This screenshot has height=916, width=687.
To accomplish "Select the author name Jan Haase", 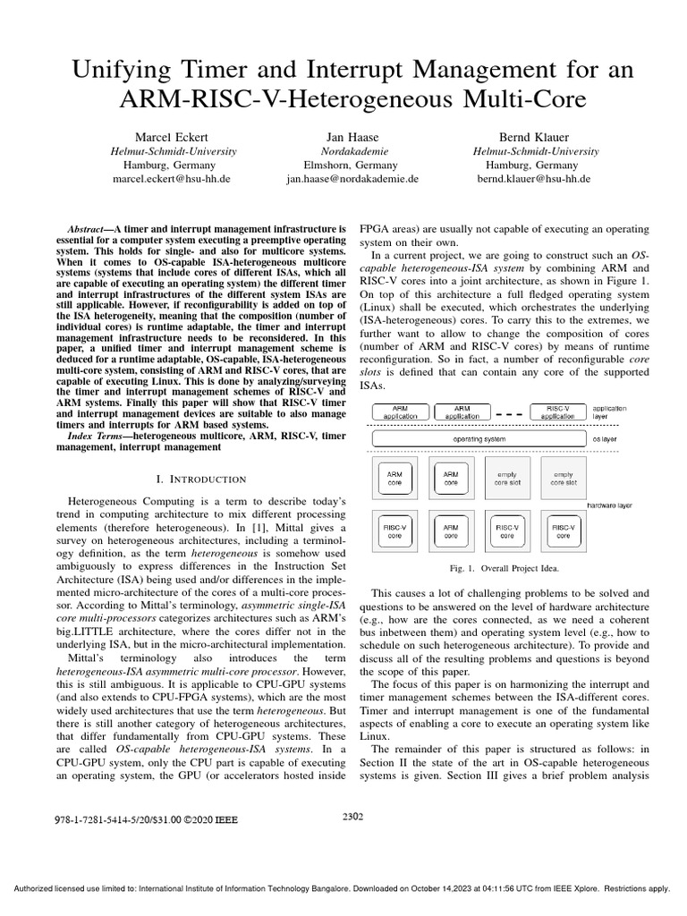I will click(352, 137).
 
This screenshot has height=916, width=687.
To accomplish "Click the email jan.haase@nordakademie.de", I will click(352, 179).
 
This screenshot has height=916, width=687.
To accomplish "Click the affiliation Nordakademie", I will click(352, 151).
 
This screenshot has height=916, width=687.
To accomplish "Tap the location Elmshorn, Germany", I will click(352, 165).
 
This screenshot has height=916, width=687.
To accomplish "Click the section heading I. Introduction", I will click(201, 479).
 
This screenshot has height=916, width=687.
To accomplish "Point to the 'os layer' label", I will click(608, 440).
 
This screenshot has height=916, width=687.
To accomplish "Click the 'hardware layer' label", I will click(609, 505).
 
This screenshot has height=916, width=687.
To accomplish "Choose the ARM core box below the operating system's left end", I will click(394, 478).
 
